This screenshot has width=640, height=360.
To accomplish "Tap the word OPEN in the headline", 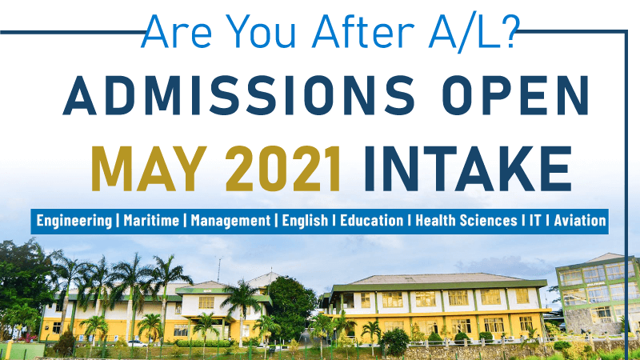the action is point(515,95).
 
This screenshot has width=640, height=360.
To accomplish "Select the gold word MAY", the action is point(149,169).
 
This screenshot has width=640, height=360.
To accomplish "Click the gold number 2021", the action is point(283,169).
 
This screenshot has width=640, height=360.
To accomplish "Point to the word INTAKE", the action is point(468,169).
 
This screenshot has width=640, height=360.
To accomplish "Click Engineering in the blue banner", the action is point(74,221).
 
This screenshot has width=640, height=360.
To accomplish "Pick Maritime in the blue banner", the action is point(151,221).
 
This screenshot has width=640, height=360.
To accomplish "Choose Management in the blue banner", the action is point(230,221).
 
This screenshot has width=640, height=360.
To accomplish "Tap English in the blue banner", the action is point(305,221).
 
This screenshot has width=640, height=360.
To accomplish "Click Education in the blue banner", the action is point(371,221).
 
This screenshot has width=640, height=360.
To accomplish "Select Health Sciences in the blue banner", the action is point(466,221).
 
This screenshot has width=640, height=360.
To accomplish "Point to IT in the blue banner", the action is point(535,221).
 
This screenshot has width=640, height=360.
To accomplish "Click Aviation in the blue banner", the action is point(579,221).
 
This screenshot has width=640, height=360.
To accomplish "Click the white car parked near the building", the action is point(137,343).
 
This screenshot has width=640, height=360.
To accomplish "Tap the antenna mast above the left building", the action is point(219,270).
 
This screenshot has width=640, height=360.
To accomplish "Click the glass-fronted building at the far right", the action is point(598,293).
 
